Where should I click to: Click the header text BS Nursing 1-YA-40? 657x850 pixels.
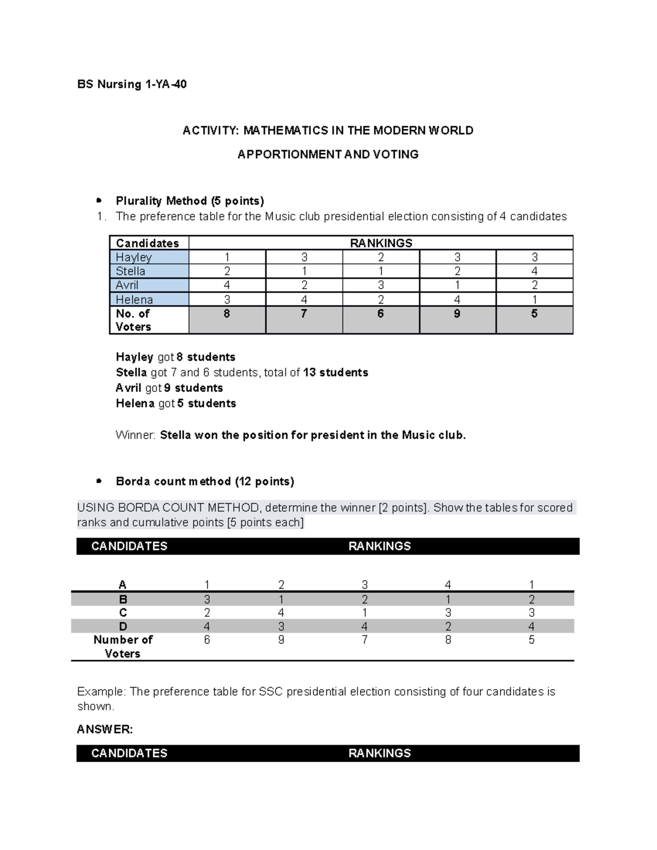point(132,84)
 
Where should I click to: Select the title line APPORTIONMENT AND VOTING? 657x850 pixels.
point(327,154)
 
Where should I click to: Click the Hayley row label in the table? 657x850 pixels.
point(134,257)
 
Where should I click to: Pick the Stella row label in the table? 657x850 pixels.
point(130,271)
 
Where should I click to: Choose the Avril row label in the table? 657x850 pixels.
point(127,285)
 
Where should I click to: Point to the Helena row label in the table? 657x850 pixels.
point(134,300)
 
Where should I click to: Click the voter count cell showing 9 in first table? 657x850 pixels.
point(457,314)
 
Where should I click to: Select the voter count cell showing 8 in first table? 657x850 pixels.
point(227,314)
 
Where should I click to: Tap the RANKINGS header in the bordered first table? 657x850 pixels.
point(381,243)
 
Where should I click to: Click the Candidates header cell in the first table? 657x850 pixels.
point(147,243)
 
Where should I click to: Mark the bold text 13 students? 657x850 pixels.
point(335,373)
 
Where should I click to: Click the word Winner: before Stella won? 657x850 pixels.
point(135,436)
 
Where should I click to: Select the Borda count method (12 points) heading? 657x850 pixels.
point(205,482)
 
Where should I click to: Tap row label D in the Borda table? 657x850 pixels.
point(123,627)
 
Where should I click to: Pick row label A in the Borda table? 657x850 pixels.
point(123,585)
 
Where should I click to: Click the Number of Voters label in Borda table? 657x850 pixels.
point(123,646)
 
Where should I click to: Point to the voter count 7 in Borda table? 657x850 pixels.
point(365,640)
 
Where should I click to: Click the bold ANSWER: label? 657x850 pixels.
point(105,730)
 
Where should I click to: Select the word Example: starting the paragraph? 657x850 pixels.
point(101,692)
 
